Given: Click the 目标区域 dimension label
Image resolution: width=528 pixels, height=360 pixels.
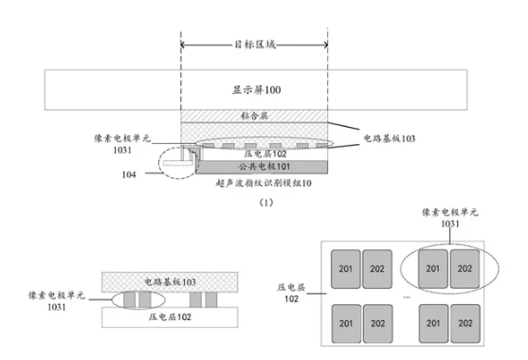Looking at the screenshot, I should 253,44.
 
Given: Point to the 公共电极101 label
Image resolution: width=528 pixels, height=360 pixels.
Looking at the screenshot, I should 253,166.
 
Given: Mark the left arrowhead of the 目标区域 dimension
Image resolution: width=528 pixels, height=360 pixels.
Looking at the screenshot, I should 183,44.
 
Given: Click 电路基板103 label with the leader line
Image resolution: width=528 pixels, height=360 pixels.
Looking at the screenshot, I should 391,137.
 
